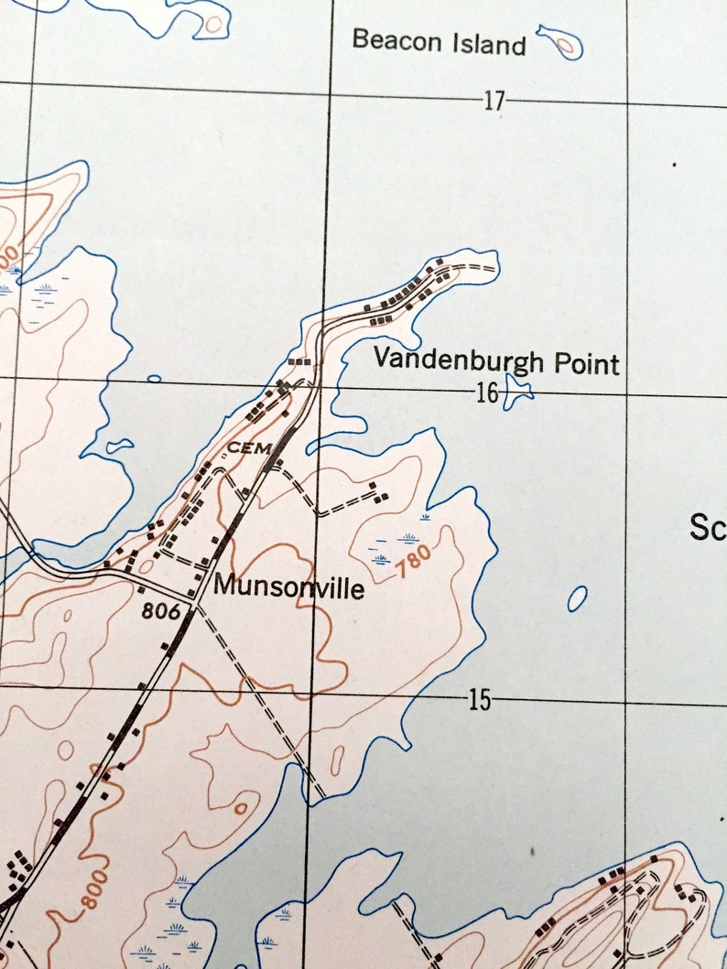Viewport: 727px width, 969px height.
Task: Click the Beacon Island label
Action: pyautogui.click(x=439, y=41)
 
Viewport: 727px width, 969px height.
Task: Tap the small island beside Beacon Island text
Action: pyautogui.click(x=559, y=41)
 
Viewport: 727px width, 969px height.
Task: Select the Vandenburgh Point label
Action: pyautogui.click(x=495, y=362)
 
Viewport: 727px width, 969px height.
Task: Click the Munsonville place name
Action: pyautogui.click(x=288, y=587)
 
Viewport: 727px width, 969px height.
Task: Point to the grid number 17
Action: pyautogui.click(x=494, y=101)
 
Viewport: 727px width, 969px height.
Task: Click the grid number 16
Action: pyautogui.click(x=487, y=393)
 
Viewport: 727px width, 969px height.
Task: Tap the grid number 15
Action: pyautogui.click(x=479, y=701)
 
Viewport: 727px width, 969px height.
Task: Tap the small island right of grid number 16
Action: pyautogui.click(x=519, y=393)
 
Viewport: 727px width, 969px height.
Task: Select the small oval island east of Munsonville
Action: pyautogui.click(x=577, y=598)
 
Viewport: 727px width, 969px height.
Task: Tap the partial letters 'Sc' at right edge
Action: pyautogui.click(x=707, y=528)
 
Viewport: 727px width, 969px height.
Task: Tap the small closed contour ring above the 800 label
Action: pyautogui.click(x=241, y=809)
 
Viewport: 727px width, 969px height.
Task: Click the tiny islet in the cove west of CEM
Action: pyautogui.click(x=118, y=447)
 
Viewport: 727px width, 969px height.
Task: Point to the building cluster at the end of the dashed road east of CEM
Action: pyautogui.click(x=376, y=491)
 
